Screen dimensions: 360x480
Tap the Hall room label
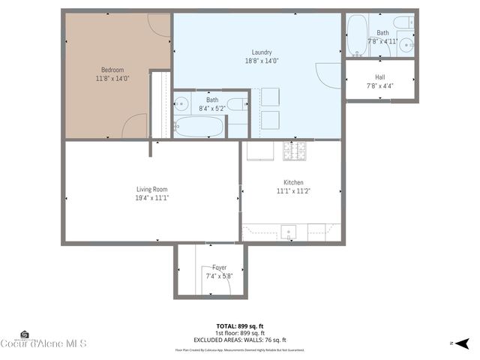380,76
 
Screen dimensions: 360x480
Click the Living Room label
151,189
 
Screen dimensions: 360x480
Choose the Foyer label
219,267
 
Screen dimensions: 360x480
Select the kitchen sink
289,231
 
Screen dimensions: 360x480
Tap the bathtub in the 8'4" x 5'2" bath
199,127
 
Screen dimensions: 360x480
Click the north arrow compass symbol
462,343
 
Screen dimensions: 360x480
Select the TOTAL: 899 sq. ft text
241,326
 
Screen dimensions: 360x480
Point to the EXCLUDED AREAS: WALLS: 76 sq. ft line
241,340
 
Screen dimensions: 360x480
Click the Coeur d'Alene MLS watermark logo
43,342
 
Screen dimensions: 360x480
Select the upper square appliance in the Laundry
270,96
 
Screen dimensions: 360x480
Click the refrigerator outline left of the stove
259,151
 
